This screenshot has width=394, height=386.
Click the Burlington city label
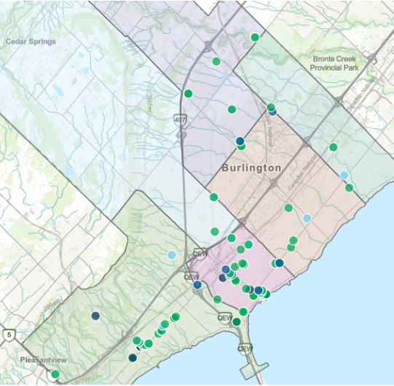251,168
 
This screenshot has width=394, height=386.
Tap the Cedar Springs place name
31,41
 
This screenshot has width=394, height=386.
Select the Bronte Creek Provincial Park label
342,62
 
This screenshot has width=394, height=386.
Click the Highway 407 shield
180,118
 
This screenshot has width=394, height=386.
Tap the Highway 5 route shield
7,334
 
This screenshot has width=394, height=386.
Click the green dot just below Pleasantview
55,374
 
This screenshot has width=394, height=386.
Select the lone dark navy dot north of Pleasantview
95,315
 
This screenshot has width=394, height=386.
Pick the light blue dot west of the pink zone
171,254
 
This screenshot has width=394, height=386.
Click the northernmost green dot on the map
255,37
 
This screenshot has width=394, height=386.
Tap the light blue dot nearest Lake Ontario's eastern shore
344,175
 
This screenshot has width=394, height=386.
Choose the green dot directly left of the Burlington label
213,197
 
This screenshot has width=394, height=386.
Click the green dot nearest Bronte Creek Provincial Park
333,147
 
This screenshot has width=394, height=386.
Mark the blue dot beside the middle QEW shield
197,285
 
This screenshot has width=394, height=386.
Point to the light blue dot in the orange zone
307,217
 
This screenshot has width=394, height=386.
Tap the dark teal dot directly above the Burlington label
240,141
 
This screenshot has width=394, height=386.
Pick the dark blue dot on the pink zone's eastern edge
279,262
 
